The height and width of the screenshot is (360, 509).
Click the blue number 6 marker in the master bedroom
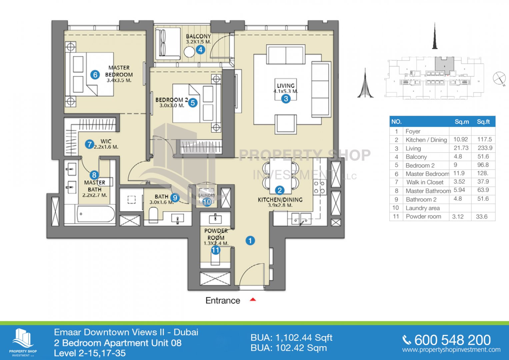[x=95, y=75]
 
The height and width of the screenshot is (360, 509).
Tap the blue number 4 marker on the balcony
[x=200, y=50]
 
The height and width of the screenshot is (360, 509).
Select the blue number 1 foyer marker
[x=250, y=240]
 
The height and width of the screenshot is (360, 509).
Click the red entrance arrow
[x=253, y=300]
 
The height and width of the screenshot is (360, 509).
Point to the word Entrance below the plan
[x=223, y=301]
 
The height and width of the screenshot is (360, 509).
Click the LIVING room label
[x=286, y=86]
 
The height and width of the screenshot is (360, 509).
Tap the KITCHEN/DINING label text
[x=280, y=200]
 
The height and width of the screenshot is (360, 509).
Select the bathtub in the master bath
[x=95, y=214]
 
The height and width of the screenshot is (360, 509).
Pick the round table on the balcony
[x=189, y=52]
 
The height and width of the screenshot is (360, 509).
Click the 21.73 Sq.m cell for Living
[x=461, y=148]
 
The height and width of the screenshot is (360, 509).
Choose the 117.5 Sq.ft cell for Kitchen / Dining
[x=484, y=139]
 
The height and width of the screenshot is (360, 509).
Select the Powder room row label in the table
[x=423, y=216]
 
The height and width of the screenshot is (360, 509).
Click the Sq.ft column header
[x=483, y=122]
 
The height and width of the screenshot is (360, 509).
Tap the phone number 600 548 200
[x=452, y=340]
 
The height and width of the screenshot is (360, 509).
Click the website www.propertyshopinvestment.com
[x=451, y=350]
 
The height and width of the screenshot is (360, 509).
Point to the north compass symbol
[x=499, y=78]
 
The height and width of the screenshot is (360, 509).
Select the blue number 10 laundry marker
[x=207, y=202]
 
